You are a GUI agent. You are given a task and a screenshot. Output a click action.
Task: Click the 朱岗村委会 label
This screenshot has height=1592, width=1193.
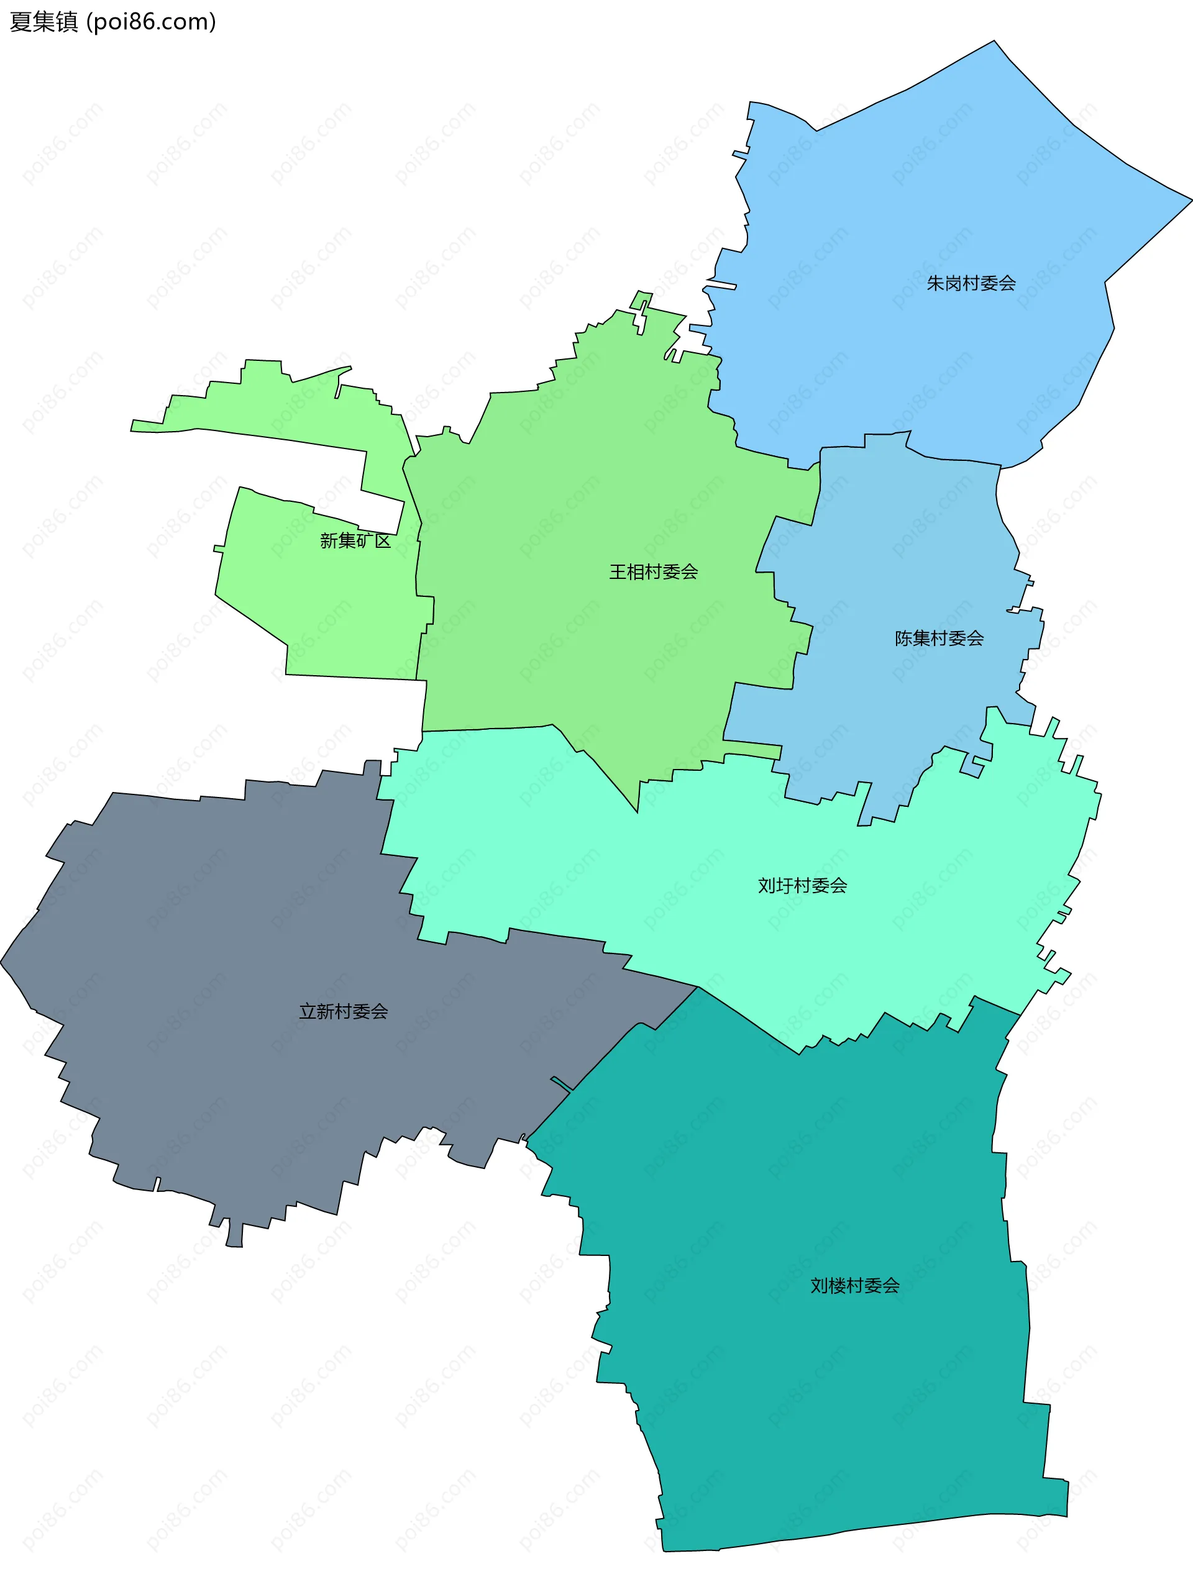click(971, 284)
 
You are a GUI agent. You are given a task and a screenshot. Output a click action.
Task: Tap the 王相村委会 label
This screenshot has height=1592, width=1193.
click(653, 571)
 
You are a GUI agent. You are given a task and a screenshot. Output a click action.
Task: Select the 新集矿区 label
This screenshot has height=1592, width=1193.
click(355, 540)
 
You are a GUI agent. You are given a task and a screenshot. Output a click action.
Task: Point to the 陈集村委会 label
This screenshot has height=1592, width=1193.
click(939, 638)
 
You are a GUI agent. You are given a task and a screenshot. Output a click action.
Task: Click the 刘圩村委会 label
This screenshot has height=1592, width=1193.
click(802, 885)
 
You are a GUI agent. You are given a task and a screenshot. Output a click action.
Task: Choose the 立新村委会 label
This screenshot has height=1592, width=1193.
click(344, 1011)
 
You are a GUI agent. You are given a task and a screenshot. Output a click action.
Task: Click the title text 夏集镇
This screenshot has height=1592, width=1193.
click(43, 22)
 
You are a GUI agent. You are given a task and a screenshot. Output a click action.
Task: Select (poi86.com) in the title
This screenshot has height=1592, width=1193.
click(151, 22)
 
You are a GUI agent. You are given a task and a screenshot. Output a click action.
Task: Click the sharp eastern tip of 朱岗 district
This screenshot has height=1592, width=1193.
click(1189, 201)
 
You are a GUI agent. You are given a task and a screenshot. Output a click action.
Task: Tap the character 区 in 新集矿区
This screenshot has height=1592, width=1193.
click(382, 540)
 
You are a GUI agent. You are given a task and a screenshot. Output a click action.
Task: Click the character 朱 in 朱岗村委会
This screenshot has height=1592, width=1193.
click(935, 284)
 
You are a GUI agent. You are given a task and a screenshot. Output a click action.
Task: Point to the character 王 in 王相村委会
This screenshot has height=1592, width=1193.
click(618, 571)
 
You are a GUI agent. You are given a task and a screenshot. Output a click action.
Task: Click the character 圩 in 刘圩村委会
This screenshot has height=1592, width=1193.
click(785, 885)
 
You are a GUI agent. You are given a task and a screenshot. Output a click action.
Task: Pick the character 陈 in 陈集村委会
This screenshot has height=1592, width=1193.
click(903, 638)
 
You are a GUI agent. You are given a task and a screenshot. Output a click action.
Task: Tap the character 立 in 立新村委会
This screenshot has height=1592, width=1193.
click(308, 1011)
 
